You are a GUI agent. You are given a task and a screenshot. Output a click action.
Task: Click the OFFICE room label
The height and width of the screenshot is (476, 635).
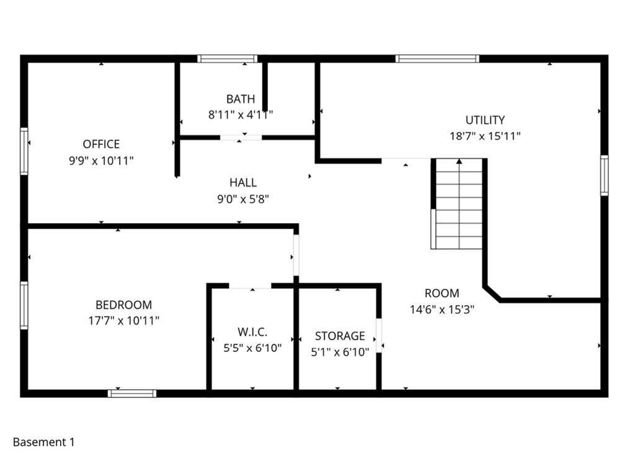pyautogui.click(x=101, y=144)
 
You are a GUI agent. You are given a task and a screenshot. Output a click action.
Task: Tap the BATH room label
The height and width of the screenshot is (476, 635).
pyautogui.click(x=240, y=99)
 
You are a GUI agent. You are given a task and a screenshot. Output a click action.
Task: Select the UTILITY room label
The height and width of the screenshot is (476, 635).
pyautogui.click(x=485, y=120)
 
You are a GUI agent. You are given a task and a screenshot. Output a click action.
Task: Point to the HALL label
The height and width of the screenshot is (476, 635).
pyautogui.click(x=242, y=183)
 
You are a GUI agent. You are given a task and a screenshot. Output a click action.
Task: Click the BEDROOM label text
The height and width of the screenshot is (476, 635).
pyautogui.click(x=123, y=305)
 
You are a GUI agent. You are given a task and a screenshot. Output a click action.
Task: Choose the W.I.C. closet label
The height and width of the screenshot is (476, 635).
pyautogui.click(x=252, y=332)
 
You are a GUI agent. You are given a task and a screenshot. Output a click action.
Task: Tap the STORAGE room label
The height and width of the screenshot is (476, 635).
pyautogui.click(x=340, y=336)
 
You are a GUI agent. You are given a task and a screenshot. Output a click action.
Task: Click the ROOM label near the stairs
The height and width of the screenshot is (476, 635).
pyautogui.click(x=442, y=293)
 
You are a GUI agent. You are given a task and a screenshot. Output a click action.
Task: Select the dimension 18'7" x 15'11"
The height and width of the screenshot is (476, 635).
pyautogui.click(x=485, y=136)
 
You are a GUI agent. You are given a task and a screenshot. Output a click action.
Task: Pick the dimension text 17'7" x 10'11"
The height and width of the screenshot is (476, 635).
pyautogui.click(x=123, y=321)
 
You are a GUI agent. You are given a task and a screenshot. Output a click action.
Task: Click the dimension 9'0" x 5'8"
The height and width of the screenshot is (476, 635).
pyautogui.click(x=242, y=199)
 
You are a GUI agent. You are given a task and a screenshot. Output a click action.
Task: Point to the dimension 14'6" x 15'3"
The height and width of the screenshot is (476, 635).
pyautogui.click(x=442, y=309)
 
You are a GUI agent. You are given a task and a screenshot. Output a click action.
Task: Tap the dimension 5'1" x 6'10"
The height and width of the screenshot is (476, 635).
pyautogui.click(x=340, y=352)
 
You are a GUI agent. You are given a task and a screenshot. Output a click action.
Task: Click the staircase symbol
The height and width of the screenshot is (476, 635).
pyautogui.click(x=458, y=204)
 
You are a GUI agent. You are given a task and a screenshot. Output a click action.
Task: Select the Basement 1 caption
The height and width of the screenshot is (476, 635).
pyautogui.click(x=43, y=443)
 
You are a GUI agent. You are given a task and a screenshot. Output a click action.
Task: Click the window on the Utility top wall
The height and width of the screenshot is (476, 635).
pyautogui.click(x=437, y=59)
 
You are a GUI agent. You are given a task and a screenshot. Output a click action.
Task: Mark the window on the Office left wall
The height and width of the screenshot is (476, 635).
pyautogui.click(x=24, y=151)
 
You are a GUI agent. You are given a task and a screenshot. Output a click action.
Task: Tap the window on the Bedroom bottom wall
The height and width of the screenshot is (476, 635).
pyautogui.click(x=132, y=393)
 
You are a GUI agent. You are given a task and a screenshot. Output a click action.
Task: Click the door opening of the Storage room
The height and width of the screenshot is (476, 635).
pyautogui.click(x=379, y=335)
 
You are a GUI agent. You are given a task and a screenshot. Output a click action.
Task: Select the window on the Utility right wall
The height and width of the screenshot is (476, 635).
pyautogui.click(x=604, y=176)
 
